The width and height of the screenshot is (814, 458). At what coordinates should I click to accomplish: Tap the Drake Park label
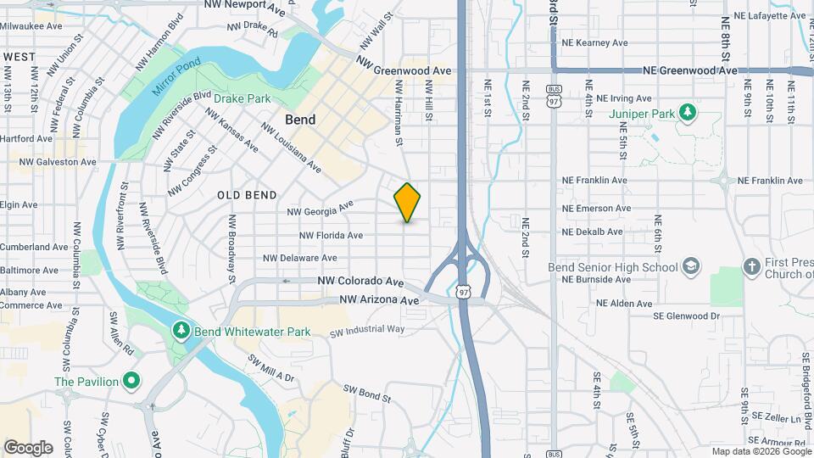[242, 99]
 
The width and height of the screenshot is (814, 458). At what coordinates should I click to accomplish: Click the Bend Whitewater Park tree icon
[180, 330]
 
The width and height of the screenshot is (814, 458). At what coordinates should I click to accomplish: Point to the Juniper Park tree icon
[689, 112]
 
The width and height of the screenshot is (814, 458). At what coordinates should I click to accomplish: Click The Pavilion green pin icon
[130, 381]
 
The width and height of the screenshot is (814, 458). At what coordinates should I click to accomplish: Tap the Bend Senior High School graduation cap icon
[692, 267]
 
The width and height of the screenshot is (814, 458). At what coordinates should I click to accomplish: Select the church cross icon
[751, 267]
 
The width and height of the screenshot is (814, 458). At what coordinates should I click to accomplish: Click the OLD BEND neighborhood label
[247, 195]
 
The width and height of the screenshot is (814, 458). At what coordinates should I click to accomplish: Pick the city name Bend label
[300, 120]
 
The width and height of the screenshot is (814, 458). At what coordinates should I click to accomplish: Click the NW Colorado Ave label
[360, 281]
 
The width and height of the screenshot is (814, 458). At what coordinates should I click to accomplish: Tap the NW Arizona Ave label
[379, 300]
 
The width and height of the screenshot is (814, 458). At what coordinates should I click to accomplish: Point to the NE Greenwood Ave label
[689, 71]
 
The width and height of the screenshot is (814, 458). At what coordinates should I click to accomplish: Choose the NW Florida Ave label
[331, 235]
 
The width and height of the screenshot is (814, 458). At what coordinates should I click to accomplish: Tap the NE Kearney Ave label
[598, 42]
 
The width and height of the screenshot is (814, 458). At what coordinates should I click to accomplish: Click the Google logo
[28, 447]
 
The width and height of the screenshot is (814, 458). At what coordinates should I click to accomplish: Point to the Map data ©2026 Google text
[760, 451]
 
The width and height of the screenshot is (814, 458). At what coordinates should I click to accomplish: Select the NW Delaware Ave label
[300, 258]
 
